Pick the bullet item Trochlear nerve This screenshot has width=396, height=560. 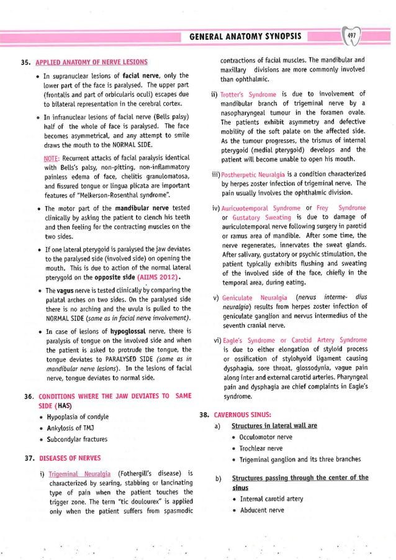pyautogui.click(x=261, y=448)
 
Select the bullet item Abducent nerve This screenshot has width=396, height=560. pyautogui.click(x=261, y=510)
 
